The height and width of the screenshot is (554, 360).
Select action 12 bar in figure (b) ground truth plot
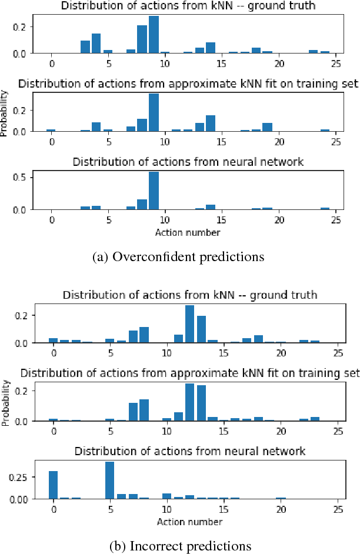tap(189, 324)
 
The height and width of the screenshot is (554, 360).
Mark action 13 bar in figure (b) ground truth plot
tap(201, 329)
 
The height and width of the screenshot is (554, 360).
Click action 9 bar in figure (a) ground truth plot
tap(154, 35)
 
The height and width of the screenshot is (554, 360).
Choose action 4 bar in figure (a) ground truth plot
tap(96, 44)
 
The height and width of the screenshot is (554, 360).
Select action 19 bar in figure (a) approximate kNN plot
tap(268, 127)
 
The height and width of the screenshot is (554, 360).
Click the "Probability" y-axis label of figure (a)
tap(5, 113)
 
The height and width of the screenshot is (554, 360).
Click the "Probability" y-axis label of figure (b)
tap(5, 403)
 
